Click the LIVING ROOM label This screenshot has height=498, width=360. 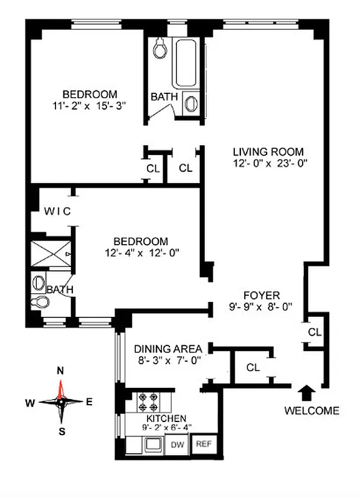(268, 151)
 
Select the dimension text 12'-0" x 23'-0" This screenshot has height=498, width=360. (268, 164)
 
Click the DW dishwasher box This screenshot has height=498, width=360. (178, 444)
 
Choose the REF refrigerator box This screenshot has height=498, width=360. (202, 444)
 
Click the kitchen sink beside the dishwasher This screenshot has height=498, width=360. (151, 444)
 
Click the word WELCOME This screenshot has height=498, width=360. (311, 410)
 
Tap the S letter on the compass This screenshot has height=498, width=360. (61, 431)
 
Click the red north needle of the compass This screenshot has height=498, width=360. (61, 389)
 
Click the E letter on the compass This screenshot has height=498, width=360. (89, 402)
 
